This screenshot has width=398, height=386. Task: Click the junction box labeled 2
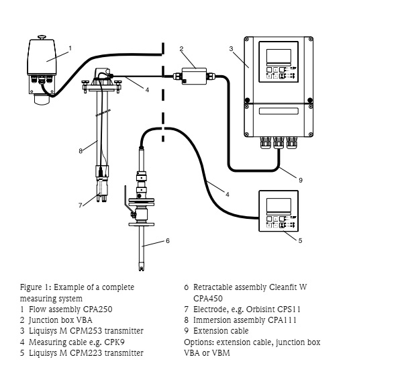194,76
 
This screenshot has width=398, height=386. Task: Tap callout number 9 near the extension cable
301,180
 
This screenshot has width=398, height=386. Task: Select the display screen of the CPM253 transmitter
279,56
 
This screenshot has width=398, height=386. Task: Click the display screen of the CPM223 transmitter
279,205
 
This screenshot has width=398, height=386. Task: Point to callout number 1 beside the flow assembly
70,48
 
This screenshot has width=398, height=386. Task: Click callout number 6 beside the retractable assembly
168,240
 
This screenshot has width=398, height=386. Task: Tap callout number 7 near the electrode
81,205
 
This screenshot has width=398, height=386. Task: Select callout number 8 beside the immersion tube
81,151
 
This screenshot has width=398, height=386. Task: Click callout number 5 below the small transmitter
300,240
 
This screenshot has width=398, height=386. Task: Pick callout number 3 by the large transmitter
231,48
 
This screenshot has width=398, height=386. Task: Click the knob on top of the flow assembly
42,38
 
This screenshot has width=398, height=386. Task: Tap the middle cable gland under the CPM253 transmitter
279,142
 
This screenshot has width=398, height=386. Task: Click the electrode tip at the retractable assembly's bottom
141,268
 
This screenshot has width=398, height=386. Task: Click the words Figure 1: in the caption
36,287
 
